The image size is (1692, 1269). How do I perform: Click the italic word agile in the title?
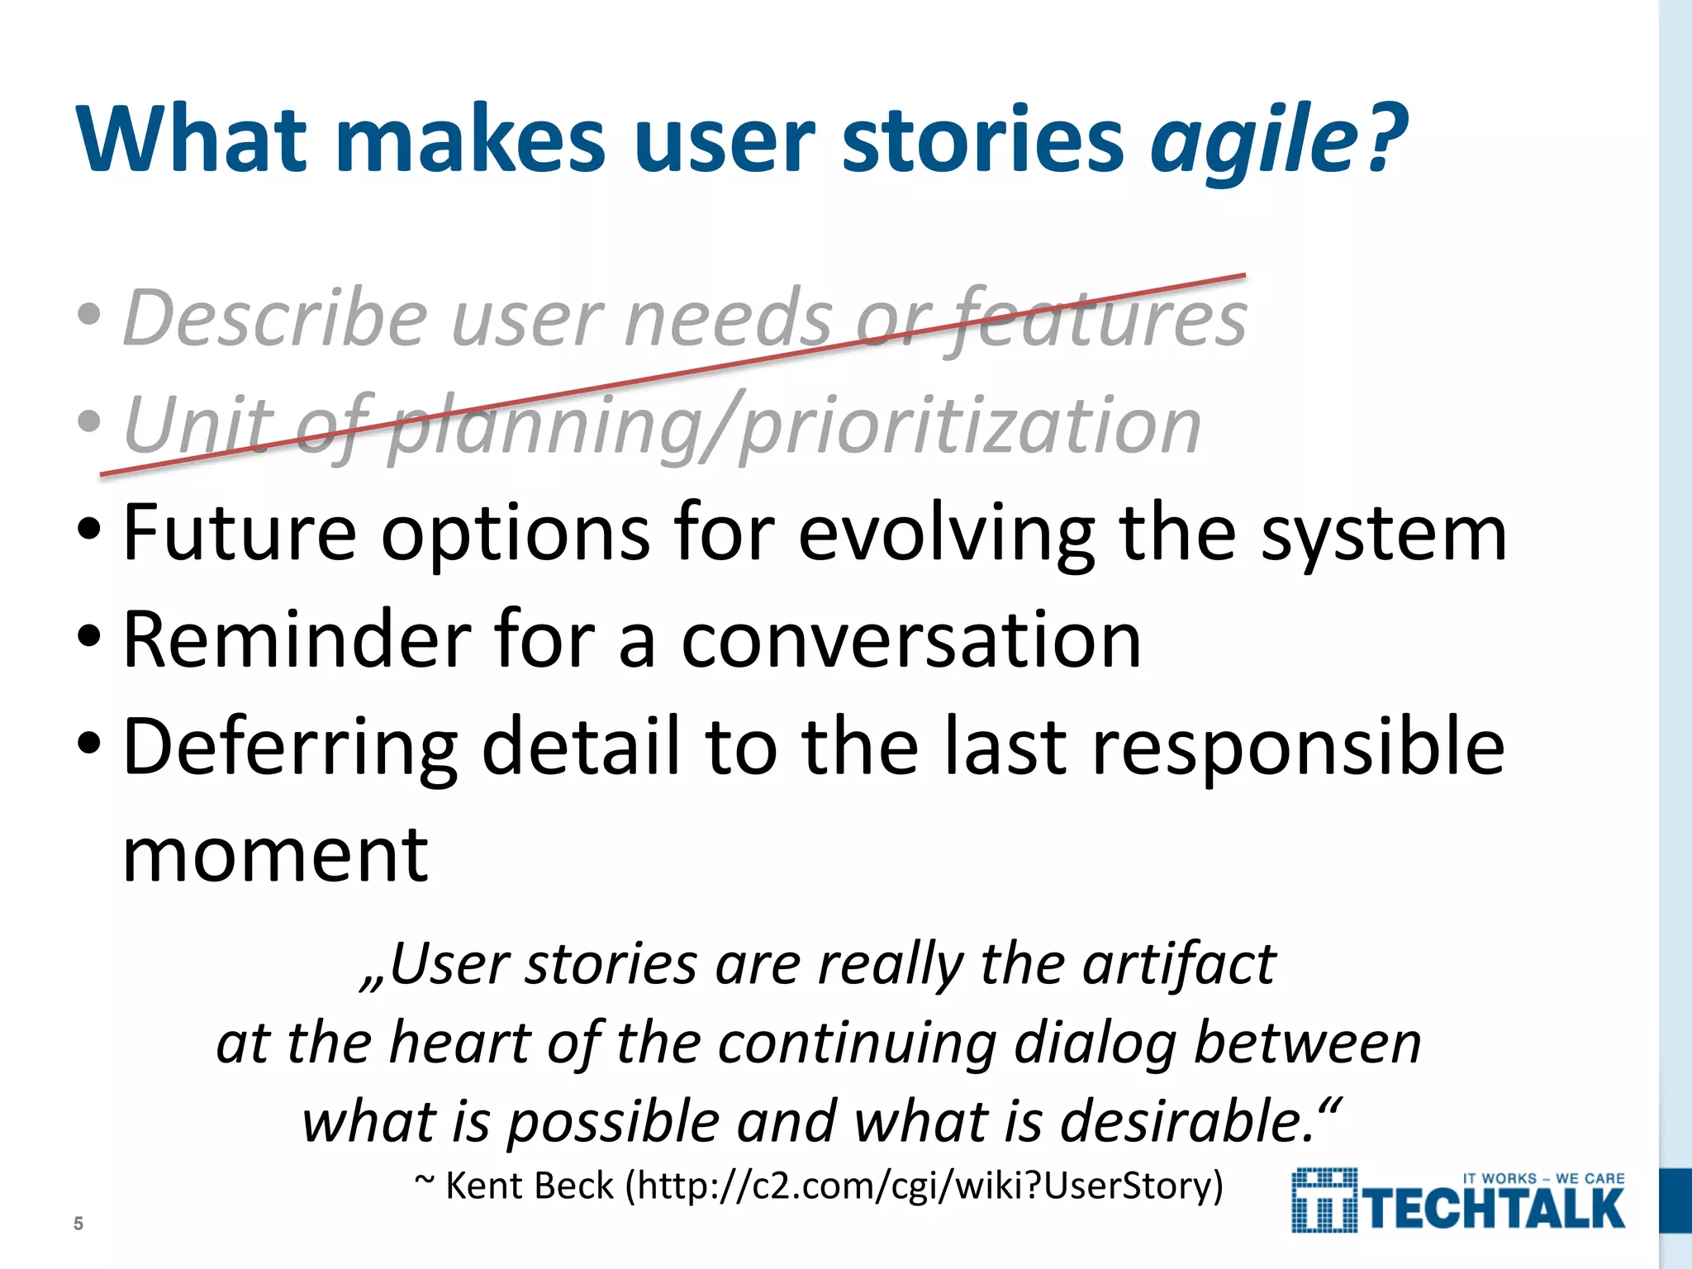click(x=1252, y=139)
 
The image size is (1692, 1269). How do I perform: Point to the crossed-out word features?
click(x=1099, y=318)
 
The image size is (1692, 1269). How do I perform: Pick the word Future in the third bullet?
click(x=240, y=533)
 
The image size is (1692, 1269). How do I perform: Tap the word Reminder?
click(x=297, y=640)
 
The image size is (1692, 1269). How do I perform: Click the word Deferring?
click(x=289, y=748)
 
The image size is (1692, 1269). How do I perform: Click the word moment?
click(x=275, y=855)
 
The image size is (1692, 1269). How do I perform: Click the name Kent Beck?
click(x=529, y=1186)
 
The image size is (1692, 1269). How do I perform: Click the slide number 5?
click(x=78, y=1224)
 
